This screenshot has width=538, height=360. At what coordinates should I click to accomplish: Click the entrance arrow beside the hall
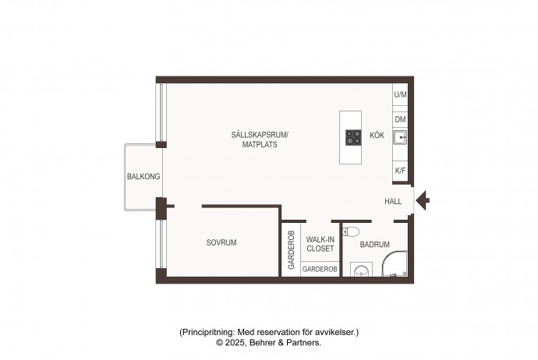(x=423, y=200)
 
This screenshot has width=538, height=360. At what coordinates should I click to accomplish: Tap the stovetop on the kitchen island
(x=353, y=137)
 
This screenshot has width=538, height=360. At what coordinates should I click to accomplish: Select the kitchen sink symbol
(x=400, y=137)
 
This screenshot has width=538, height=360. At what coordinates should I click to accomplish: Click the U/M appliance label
(x=400, y=94)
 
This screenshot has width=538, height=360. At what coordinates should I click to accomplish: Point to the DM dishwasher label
(x=400, y=119)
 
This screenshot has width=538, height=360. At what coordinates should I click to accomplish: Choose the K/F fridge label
(x=400, y=171)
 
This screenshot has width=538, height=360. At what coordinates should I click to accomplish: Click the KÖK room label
(x=377, y=135)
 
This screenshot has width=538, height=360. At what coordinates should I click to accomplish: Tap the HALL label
(x=393, y=201)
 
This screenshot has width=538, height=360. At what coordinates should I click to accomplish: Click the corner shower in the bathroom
(x=395, y=263)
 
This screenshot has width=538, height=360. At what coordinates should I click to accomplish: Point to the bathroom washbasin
(x=361, y=270)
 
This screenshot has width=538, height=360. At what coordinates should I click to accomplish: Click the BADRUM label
(x=374, y=245)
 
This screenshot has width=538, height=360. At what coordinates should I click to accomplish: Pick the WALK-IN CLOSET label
(x=320, y=244)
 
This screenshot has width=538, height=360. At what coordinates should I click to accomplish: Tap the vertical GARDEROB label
(x=291, y=249)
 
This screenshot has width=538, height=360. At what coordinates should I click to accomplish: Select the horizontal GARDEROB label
(x=320, y=270)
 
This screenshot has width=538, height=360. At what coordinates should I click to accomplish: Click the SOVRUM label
(x=221, y=242)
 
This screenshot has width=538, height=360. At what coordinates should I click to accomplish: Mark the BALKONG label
(x=143, y=177)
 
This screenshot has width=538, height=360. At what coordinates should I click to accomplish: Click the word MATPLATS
(x=260, y=144)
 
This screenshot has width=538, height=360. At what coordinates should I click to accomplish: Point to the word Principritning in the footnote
(x=207, y=332)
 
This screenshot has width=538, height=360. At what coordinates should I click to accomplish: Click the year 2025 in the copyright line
(x=235, y=343)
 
